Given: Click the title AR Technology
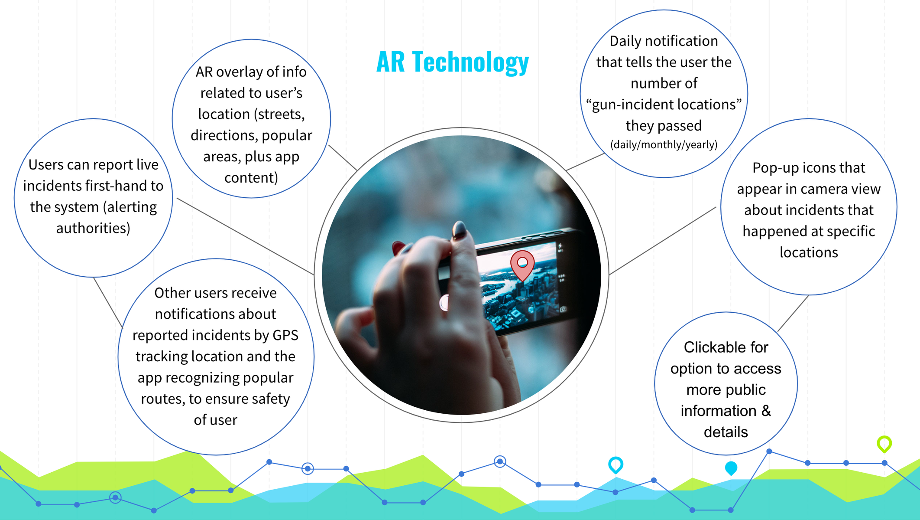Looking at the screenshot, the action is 453,62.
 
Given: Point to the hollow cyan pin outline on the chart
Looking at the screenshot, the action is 615,464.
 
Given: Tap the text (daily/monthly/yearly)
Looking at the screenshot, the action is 664,144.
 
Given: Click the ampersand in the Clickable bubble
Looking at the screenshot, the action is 766,411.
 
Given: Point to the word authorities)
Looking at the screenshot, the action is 93,228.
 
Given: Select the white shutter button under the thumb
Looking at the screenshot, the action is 444,303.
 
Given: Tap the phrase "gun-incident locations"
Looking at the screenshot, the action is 664,105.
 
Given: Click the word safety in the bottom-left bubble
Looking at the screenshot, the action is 268,399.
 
